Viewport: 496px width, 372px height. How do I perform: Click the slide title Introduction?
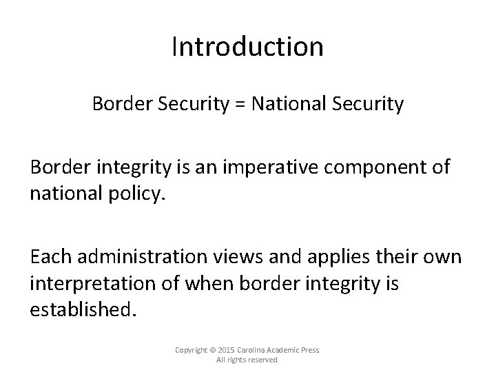point(247,47)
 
